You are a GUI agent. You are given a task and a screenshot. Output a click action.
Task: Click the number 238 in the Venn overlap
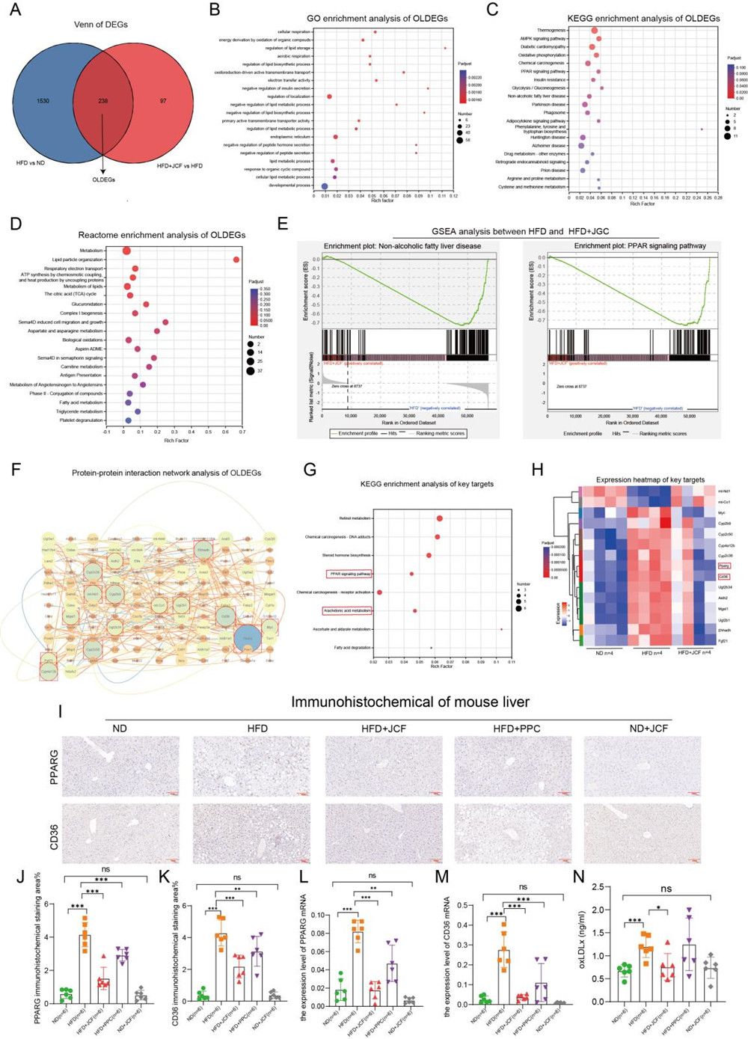[x=103, y=100]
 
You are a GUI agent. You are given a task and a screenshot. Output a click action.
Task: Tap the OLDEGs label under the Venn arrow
[x=104, y=180]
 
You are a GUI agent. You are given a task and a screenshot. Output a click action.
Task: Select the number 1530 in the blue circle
[x=43, y=100]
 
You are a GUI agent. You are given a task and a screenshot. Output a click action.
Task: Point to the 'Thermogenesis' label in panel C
[x=551, y=31]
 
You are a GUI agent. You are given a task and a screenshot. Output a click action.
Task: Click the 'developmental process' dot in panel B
[x=325, y=186]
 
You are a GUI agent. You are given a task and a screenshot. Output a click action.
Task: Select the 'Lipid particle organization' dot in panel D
[x=236, y=260]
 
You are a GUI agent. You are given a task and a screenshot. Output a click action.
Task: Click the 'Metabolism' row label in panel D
[x=91, y=251]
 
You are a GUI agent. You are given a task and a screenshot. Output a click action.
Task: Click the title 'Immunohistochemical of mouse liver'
[x=410, y=702]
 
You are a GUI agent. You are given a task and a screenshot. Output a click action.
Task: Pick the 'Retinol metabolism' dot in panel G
[x=440, y=518]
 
